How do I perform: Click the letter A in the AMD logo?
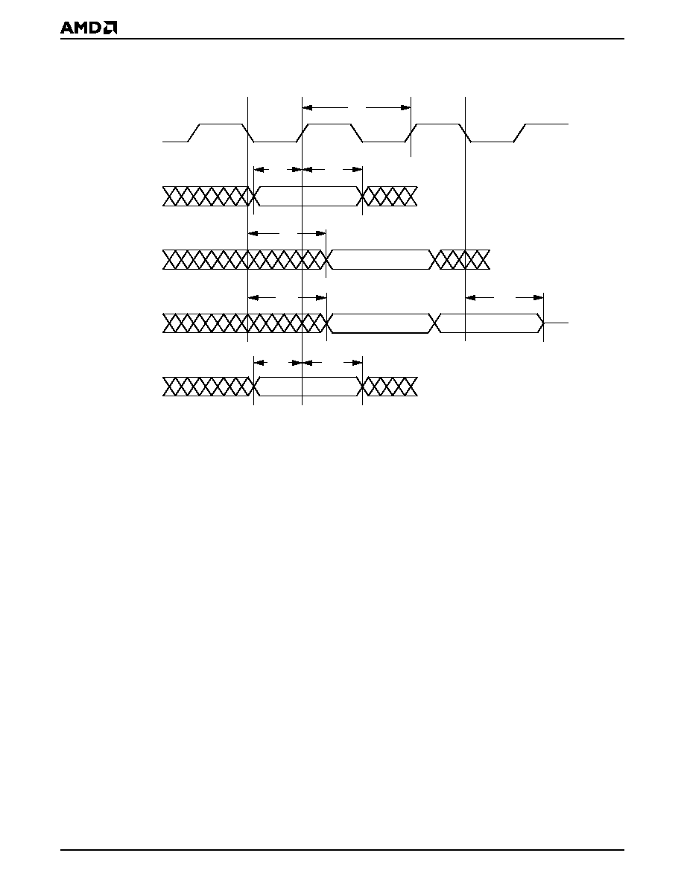click(68, 28)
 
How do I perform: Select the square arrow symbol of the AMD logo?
click(111, 28)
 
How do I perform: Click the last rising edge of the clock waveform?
click(520, 133)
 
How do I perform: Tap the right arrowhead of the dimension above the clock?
click(405, 107)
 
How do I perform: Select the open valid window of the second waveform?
click(308, 196)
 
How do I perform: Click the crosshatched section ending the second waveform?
click(390, 196)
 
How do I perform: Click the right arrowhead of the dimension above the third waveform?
click(320, 233)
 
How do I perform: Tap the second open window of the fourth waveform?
click(490, 323)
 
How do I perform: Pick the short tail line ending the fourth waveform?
click(557, 323)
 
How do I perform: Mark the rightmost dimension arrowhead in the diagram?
click(538, 297)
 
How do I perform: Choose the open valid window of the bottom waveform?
click(308, 387)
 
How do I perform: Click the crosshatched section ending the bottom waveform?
click(390, 387)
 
